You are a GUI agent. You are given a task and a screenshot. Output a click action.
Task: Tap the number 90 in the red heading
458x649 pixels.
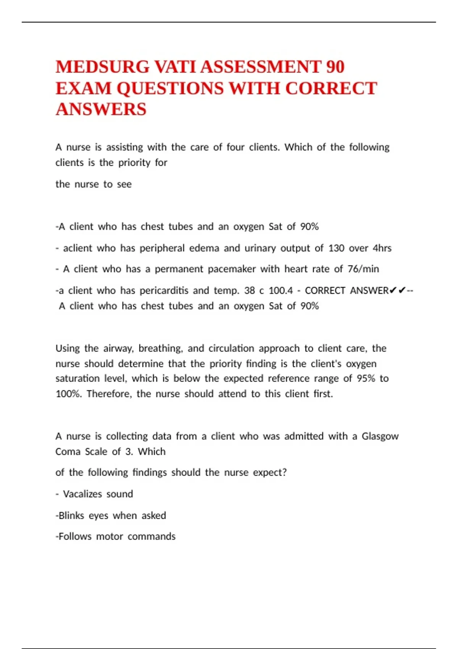click(x=335, y=67)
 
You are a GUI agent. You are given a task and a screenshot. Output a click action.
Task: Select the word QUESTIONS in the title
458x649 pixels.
click(x=170, y=89)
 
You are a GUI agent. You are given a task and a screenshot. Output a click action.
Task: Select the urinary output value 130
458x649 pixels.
click(x=336, y=248)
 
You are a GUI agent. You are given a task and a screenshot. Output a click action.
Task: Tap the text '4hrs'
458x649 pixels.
click(x=382, y=248)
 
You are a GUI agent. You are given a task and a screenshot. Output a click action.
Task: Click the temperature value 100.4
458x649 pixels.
click(x=281, y=291)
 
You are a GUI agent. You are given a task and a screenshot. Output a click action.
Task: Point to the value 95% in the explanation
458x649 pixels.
click(x=366, y=379)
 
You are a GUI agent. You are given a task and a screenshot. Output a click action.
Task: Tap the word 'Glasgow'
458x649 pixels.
click(x=380, y=436)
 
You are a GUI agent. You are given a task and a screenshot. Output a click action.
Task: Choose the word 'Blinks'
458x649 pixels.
click(x=71, y=516)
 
